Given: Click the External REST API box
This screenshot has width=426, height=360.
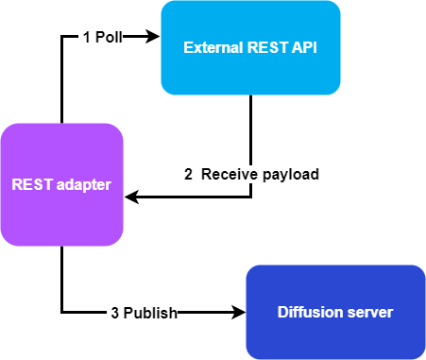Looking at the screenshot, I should [x=250, y=47].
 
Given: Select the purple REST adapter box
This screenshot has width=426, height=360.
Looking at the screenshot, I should [x=61, y=184].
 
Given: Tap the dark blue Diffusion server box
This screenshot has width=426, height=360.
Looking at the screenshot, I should [x=335, y=312].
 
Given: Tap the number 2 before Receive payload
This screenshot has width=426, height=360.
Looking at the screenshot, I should [x=188, y=174].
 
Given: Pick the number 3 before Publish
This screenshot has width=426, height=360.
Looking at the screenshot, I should [x=114, y=312].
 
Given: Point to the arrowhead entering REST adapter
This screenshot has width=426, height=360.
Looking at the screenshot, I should [x=132, y=197].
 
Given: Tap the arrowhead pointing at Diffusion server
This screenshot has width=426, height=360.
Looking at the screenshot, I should [x=238, y=312].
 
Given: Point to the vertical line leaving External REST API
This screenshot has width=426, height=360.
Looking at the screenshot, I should [x=251, y=132].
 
